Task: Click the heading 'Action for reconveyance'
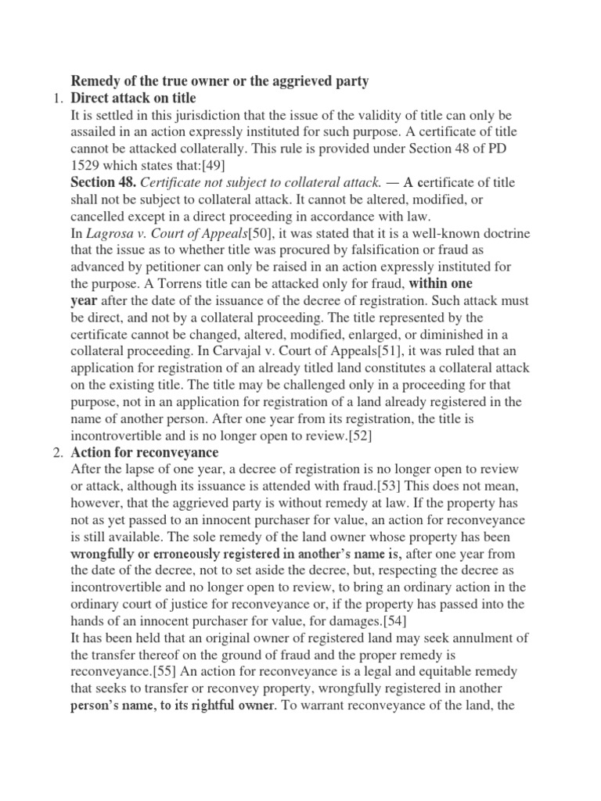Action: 145,453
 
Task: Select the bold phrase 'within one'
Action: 441,284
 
